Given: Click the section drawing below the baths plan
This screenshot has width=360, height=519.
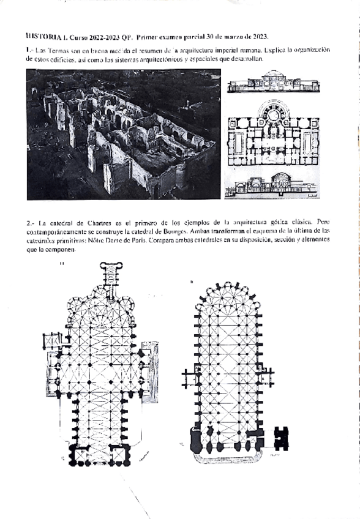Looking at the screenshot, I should tap(272, 185).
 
